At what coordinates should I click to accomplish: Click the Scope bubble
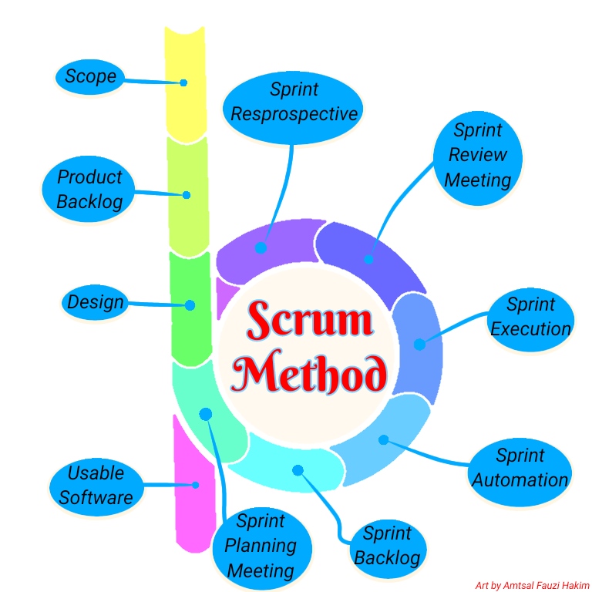90,76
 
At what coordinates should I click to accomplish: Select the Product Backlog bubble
89,189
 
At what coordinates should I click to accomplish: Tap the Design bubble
96,301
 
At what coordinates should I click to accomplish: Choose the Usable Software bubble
96,485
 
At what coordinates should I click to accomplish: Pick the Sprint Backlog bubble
387,546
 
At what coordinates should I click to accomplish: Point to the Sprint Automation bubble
520,468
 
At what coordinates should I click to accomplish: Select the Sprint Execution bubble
530,317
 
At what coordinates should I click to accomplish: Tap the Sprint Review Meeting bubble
478,156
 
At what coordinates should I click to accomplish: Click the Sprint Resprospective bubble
294,103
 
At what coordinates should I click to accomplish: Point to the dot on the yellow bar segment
184,82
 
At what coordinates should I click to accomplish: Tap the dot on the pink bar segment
195,485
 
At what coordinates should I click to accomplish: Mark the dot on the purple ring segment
261,247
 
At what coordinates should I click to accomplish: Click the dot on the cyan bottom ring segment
298,469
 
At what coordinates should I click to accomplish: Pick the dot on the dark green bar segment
190,305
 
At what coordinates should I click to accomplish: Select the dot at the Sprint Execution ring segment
419,344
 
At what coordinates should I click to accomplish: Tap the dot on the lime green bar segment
186,195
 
